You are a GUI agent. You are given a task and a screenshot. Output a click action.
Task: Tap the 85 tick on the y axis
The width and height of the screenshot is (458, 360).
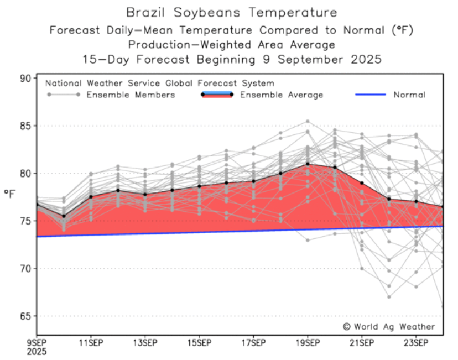click(x=25, y=126)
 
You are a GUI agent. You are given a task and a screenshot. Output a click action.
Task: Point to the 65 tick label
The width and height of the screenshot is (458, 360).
click(x=25, y=316)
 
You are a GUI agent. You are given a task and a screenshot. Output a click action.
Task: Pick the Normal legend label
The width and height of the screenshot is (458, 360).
click(x=409, y=95)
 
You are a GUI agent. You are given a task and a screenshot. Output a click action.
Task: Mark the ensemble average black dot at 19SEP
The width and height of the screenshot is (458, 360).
click(x=308, y=164)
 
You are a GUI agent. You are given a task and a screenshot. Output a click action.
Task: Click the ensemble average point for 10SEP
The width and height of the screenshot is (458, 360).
click(x=64, y=216)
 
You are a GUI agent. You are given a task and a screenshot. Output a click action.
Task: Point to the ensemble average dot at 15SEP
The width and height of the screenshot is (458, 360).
click(x=199, y=186)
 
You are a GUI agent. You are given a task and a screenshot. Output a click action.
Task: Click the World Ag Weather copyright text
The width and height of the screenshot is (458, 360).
click(x=389, y=327)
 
